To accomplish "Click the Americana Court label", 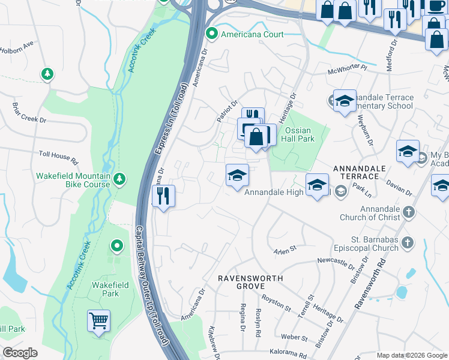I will pos(252,34).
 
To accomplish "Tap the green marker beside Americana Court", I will pos(211,34).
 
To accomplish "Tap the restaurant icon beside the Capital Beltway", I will pos(163,195).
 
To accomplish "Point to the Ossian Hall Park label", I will pos(300,134).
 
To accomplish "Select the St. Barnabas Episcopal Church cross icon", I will pos(408,242).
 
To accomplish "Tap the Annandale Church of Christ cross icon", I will pos(408,211).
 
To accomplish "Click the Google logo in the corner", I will pos(20,352).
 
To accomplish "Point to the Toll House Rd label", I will pos(59,158).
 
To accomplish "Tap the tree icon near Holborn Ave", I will pos(47,74).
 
